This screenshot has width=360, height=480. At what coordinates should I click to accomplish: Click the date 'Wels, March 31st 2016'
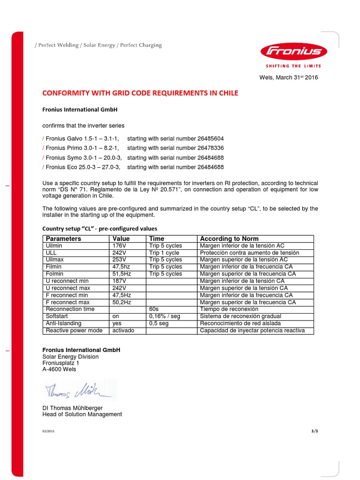[288, 77]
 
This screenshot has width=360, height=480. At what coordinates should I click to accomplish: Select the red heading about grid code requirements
[140, 93]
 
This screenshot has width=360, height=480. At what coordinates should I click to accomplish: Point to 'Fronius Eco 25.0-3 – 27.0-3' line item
[82, 167]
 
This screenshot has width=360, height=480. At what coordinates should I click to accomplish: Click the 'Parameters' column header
[63, 239]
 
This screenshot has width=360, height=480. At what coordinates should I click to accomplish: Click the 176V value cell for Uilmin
[120, 246]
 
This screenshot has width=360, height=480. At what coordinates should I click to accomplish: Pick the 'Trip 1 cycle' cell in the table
[164, 253]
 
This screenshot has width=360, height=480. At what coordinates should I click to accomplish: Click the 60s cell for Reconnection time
[154, 309]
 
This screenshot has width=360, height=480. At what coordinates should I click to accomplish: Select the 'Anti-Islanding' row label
[63, 323]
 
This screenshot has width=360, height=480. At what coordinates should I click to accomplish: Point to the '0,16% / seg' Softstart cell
[165, 316]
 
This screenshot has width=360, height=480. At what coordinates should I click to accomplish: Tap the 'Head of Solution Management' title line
[82, 414]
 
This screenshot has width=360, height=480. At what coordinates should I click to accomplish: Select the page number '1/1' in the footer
[315, 431]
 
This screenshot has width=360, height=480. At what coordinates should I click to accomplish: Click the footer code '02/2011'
[48, 431]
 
